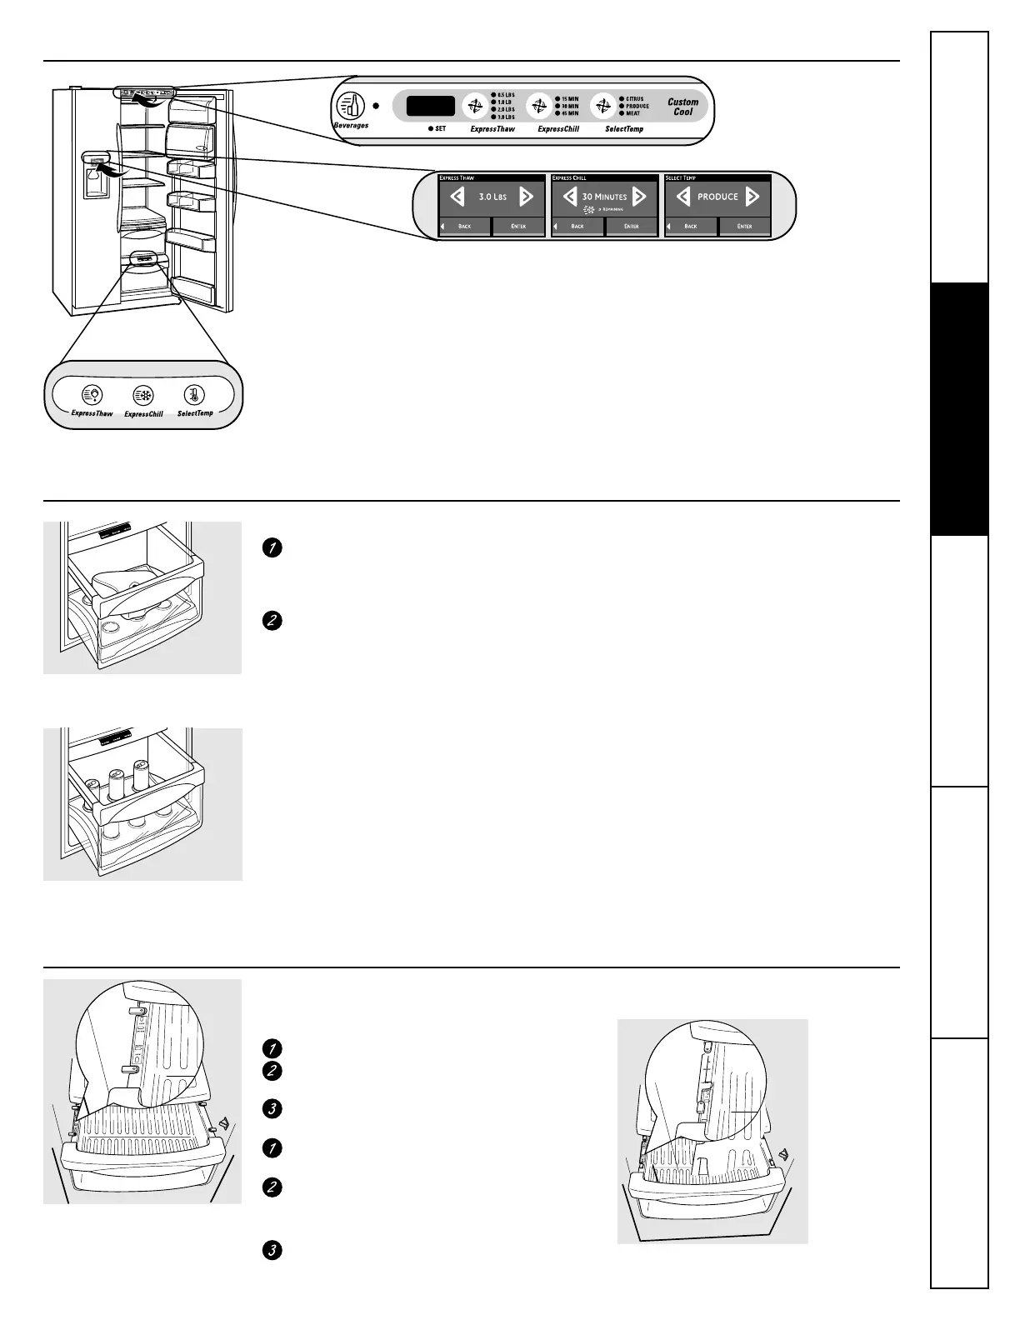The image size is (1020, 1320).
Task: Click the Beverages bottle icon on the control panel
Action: [351, 106]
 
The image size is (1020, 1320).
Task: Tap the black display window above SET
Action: [430, 106]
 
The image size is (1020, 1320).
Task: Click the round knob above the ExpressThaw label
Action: [475, 106]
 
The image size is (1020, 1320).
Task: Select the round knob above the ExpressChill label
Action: [539, 106]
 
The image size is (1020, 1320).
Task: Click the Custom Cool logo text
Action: [682, 107]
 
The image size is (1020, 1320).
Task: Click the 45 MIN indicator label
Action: [569, 113]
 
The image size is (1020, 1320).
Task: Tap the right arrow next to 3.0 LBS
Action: [526, 197]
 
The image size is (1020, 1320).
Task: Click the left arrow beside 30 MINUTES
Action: [570, 197]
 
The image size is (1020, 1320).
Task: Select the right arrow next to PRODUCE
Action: [752, 197]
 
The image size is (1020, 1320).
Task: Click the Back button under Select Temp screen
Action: [690, 226]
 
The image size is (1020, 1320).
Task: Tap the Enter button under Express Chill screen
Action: [632, 226]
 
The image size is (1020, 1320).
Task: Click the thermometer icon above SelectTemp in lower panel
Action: [194, 395]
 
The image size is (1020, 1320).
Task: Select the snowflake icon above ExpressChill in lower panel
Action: [143, 396]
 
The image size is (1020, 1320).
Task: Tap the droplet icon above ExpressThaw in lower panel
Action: [92, 395]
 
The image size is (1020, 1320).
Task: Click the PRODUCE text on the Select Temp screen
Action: [717, 197]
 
